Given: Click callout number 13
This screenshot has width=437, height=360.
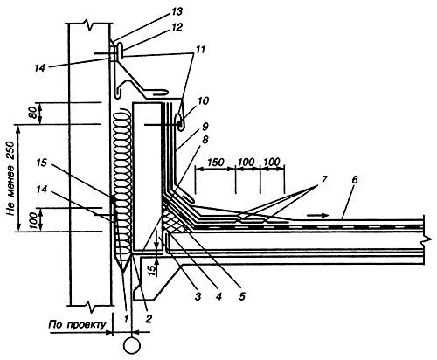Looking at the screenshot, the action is click(177, 12).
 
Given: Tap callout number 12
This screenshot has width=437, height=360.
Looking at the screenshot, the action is click(177, 27).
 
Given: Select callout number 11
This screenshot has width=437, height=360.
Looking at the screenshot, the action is click(199, 50).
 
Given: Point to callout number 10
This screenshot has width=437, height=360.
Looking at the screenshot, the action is click(203, 101).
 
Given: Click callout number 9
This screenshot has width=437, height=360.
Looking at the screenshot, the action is click(205, 127).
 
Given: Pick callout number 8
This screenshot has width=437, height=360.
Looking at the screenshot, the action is click(205, 140).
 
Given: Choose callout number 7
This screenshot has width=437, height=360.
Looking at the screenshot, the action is click(323, 180).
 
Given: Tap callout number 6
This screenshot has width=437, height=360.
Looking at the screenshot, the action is click(354, 180).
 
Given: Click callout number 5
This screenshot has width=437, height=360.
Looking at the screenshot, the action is click(242, 296).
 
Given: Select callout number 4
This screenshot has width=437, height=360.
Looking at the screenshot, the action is click(218, 296).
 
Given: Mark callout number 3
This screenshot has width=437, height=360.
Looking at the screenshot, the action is click(198, 297).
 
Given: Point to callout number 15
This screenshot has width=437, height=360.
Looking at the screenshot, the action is click(41, 163).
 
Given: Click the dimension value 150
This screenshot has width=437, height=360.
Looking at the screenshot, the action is click(216, 162).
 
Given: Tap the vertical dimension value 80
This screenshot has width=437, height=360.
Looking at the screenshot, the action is click(33, 113).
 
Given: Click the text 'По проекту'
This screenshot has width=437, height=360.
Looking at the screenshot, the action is click(77, 324).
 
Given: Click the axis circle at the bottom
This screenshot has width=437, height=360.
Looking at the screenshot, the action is click(132, 346).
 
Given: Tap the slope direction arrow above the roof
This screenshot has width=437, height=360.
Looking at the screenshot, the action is click(318, 215).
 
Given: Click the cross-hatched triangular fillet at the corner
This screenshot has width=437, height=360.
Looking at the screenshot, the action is click(172, 221).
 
